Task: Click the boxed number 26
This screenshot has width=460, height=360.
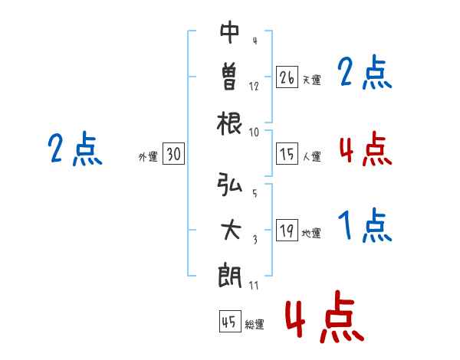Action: [287, 77]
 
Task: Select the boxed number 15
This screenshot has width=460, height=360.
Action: [287, 155]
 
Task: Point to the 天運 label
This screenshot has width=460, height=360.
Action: [312, 80]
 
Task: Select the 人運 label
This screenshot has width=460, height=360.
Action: [312, 157]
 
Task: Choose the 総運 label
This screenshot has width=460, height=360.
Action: [255, 324]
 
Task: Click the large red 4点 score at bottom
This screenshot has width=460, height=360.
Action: [324, 320]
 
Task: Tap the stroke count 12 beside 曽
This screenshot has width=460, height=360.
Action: [254, 86]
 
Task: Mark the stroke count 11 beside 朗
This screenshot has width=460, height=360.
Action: [254, 285]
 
